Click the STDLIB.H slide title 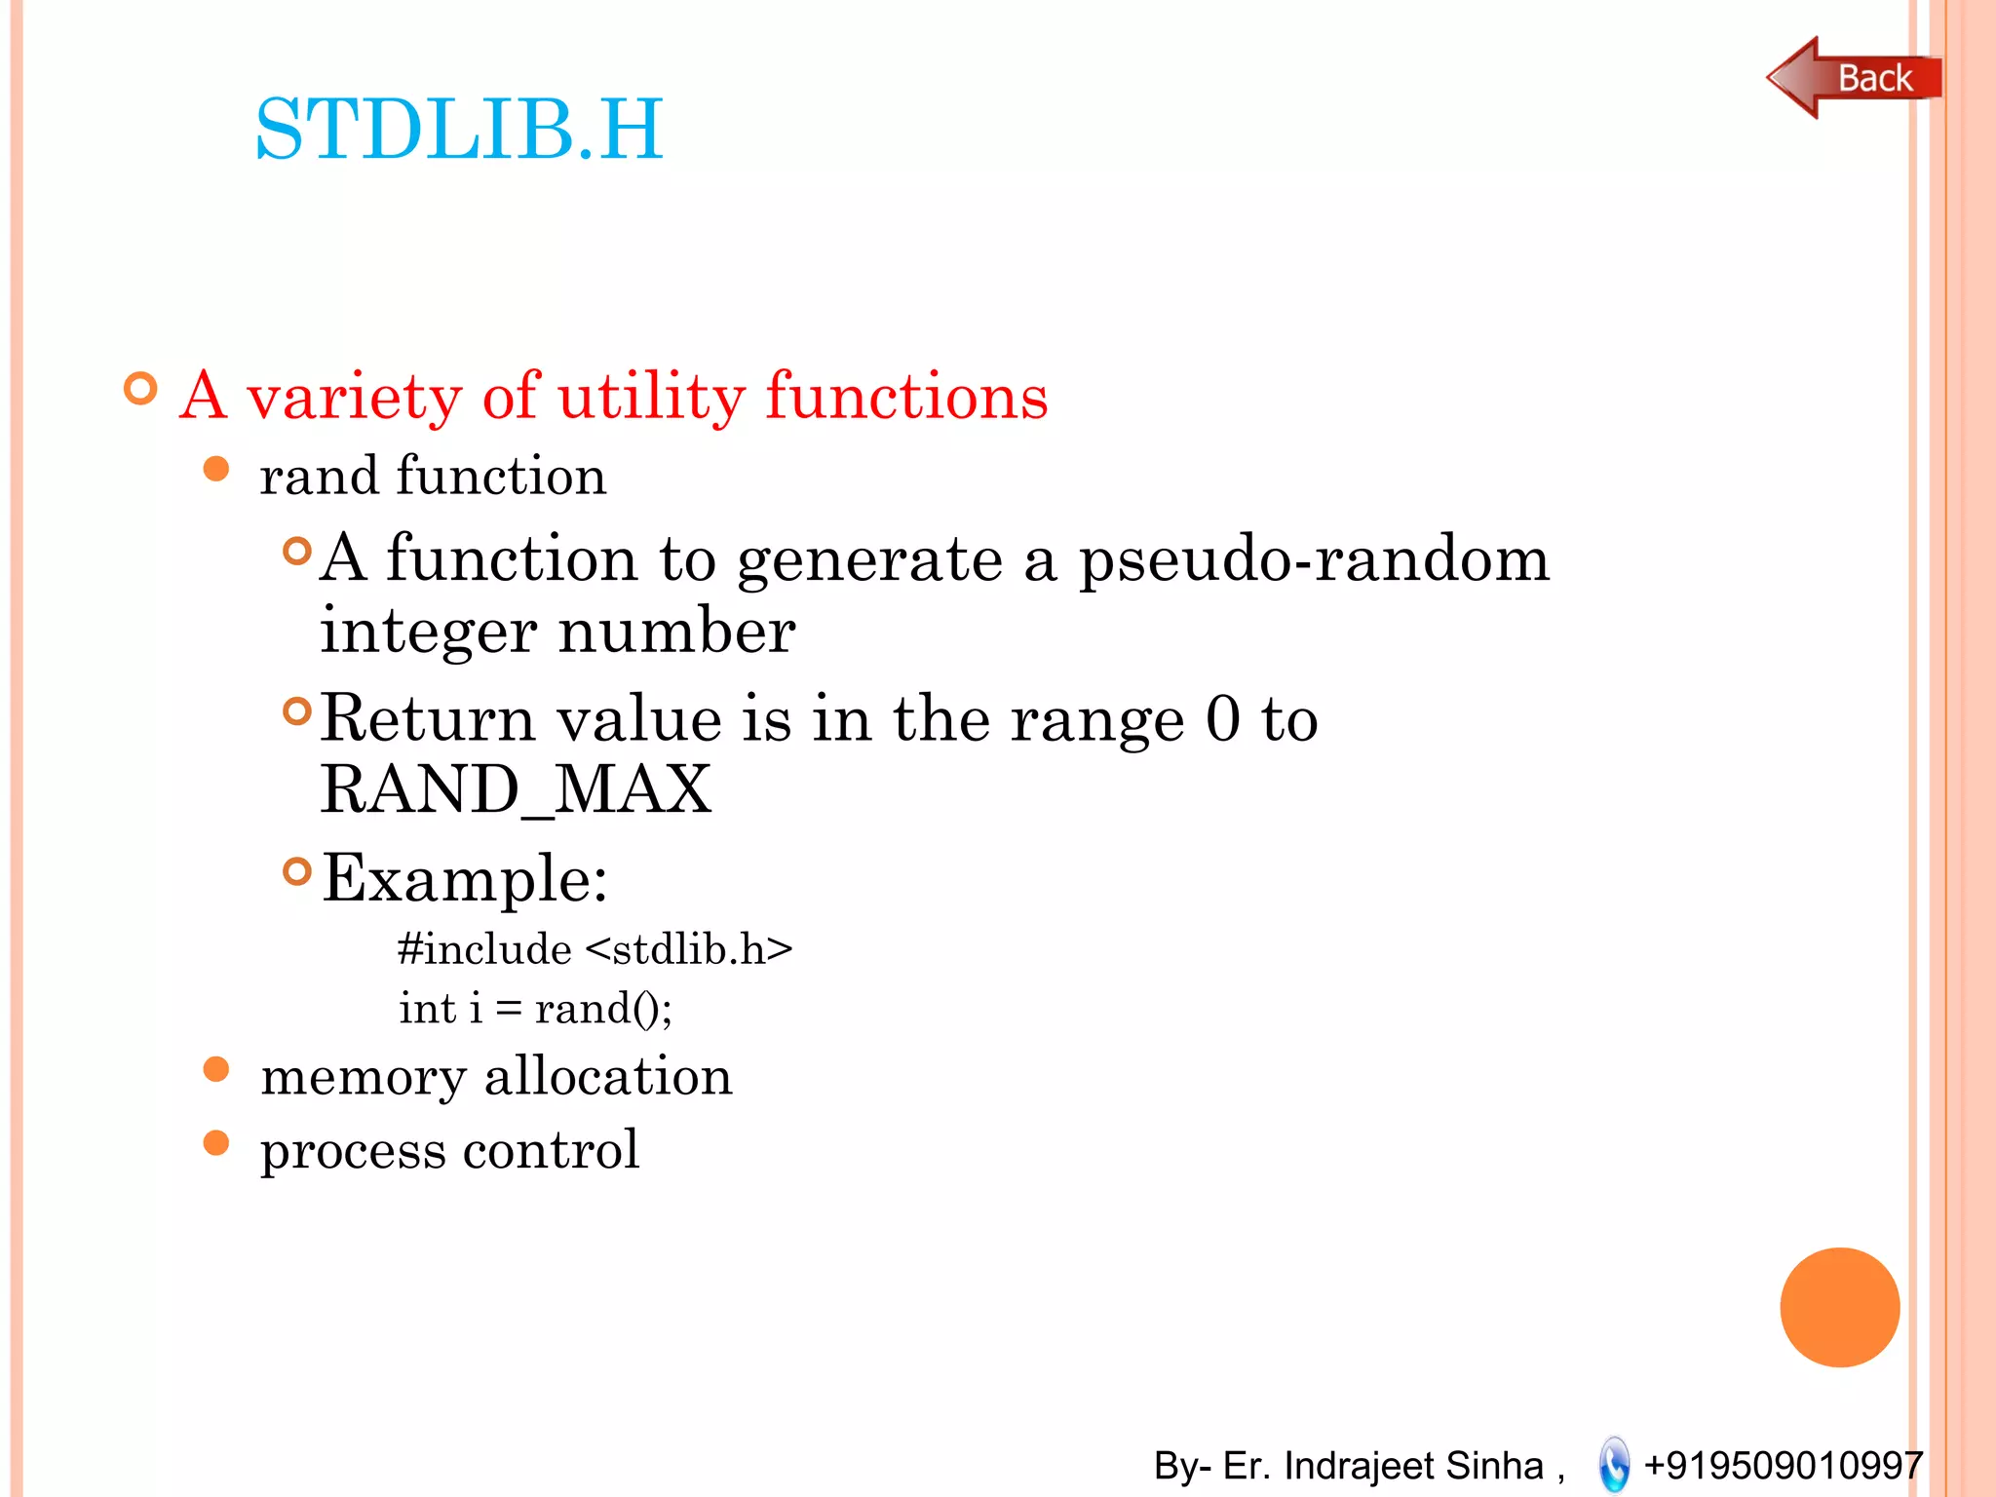(458, 129)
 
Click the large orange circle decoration (1839, 1307)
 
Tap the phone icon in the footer (1614, 1464)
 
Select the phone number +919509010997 (1783, 1465)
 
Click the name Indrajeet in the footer (1363, 1465)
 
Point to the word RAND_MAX (516, 789)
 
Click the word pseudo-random (1313, 560)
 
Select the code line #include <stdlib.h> (595, 949)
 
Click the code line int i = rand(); (535, 1008)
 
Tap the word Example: (465, 877)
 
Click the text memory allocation (496, 1076)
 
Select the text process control (449, 1150)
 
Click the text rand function (433, 477)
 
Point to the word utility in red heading (651, 397)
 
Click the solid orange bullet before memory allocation (215, 1070)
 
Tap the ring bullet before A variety (141, 389)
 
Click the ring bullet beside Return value (296, 711)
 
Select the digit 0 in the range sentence (1222, 719)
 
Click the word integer (428, 632)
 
